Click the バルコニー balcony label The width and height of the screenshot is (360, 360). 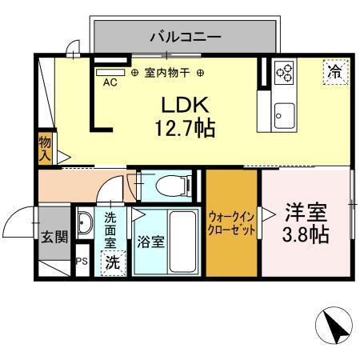[186, 36]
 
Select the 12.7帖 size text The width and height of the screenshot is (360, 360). [186, 128]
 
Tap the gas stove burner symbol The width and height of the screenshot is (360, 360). [283, 74]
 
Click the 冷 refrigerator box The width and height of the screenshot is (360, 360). [334, 70]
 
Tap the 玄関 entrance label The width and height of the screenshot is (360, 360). [54, 238]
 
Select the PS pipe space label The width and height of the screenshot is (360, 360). [82, 262]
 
